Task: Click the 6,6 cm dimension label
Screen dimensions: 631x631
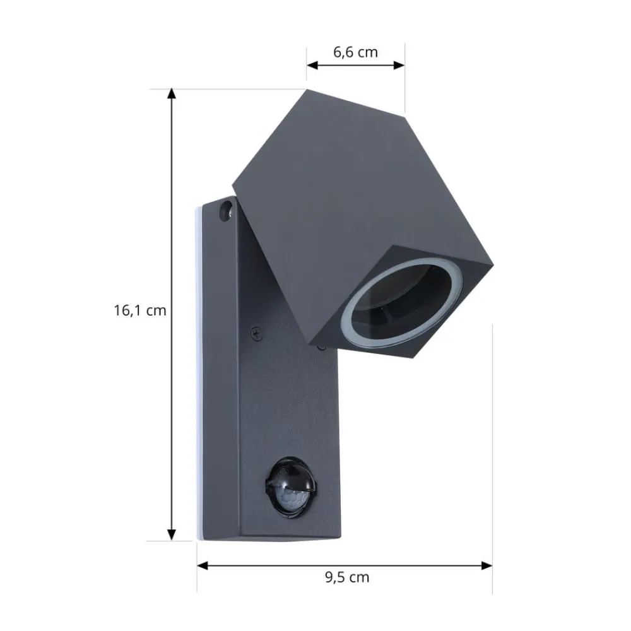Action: click(355, 52)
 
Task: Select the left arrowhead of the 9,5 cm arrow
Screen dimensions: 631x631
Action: click(203, 565)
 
